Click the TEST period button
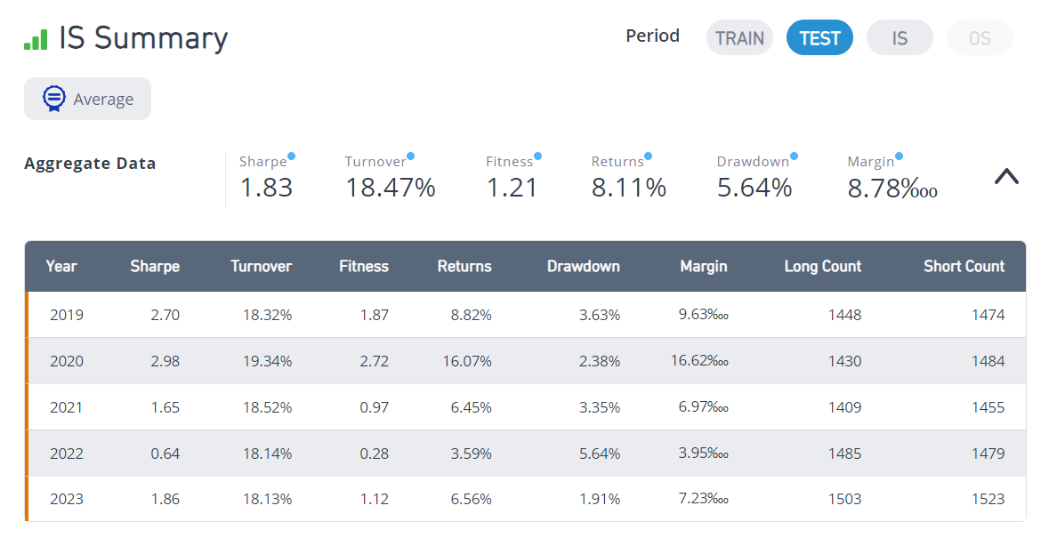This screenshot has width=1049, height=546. tap(819, 37)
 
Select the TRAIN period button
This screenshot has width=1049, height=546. tap(739, 37)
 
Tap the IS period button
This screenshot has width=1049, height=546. tap(900, 37)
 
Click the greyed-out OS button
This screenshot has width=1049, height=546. tap(980, 37)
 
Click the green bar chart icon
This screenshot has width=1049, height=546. tap(36, 39)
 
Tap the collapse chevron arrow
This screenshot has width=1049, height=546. tap(1006, 176)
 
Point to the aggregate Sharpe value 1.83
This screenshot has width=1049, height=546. tap(266, 188)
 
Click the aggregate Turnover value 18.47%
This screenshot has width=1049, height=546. tap(390, 188)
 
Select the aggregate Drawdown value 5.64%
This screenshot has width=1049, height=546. tap(754, 188)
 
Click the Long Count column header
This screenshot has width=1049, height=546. tap(823, 266)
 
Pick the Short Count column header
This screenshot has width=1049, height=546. tap(964, 266)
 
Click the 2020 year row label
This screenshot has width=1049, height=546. tap(67, 361)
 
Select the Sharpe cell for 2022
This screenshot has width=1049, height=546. tap(165, 454)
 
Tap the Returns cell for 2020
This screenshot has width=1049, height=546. tap(467, 361)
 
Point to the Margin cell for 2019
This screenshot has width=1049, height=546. tap(703, 314)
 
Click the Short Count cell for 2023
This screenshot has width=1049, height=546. tap(988, 499)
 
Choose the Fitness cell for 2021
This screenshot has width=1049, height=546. tap(374, 407)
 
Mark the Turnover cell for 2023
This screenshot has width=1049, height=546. tap(267, 499)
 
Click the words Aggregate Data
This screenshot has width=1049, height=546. tap(90, 163)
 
